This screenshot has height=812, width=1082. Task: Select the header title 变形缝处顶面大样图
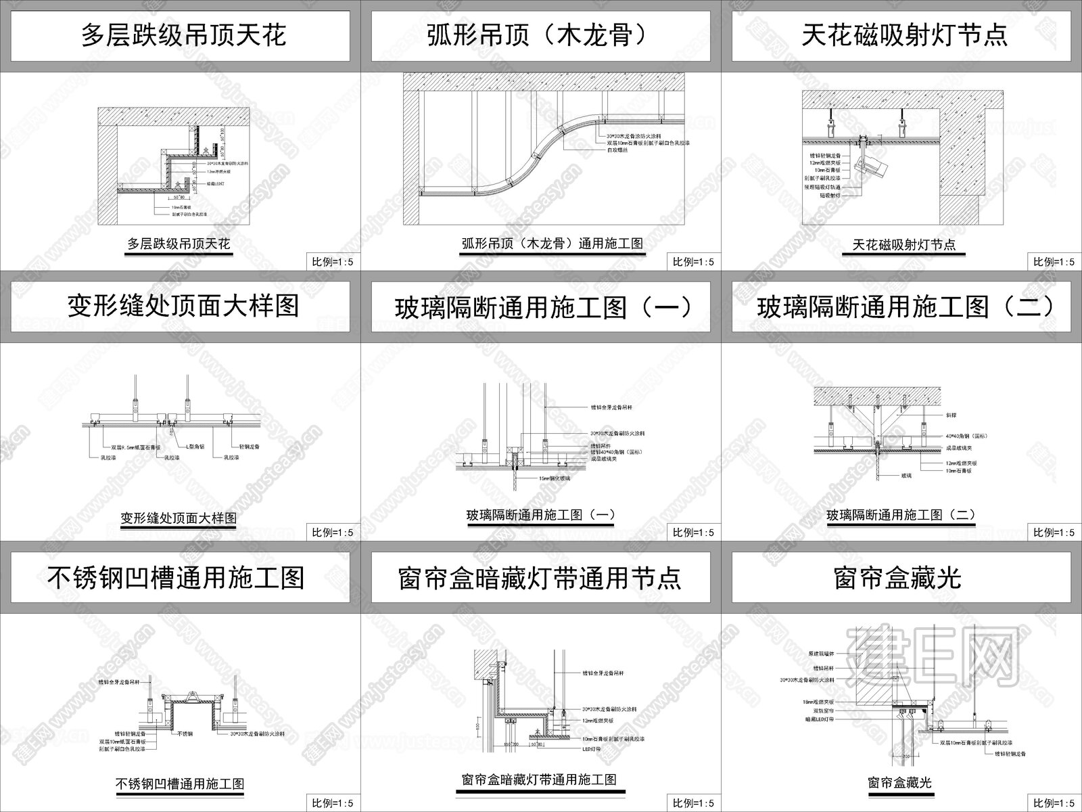click(x=183, y=307)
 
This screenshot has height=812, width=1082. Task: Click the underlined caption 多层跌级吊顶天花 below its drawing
click(x=179, y=244)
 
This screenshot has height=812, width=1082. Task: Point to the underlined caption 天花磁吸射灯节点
click(x=903, y=245)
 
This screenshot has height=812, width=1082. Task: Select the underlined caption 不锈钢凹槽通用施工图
click(x=180, y=785)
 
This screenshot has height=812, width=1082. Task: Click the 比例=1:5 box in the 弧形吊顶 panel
click(x=692, y=262)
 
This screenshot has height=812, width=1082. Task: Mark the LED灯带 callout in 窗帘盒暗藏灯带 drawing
click(x=592, y=749)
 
